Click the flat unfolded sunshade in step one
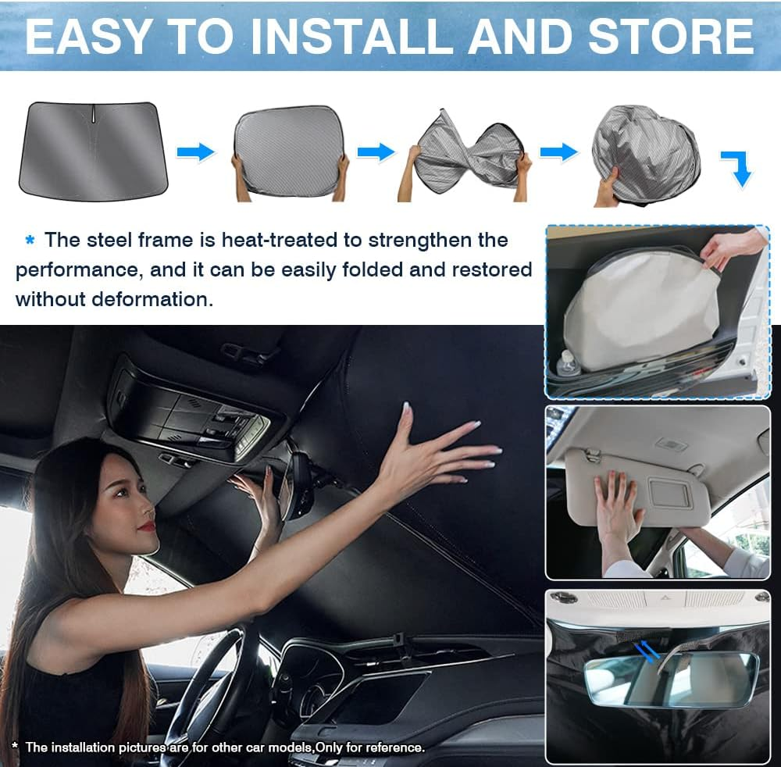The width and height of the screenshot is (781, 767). tap(93, 152)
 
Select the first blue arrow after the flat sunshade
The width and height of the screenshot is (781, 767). tap(195, 152)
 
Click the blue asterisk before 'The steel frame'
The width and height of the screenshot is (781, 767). tap(30, 241)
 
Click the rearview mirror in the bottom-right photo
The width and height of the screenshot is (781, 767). tap(672, 680)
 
